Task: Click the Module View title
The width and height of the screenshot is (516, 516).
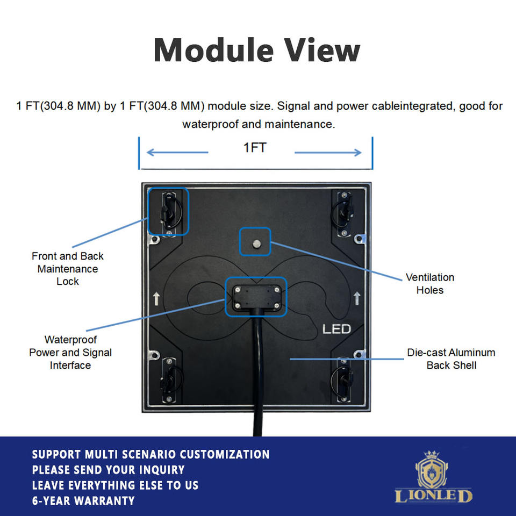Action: pyautogui.click(x=257, y=51)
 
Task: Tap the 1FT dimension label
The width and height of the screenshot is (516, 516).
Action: pyautogui.click(x=255, y=148)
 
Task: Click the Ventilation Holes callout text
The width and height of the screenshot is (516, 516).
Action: pyautogui.click(x=429, y=283)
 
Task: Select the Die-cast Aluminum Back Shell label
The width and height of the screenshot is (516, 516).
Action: pyautogui.click(x=451, y=359)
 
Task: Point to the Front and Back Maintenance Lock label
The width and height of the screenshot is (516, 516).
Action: pyautogui.click(x=67, y=268)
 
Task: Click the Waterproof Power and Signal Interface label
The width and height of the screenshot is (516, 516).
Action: pyautogui.click(x=70, y=353)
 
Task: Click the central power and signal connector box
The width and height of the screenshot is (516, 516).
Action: pyautogui.click(x=256, y=296)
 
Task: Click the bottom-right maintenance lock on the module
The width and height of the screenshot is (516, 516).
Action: pyautogui.click(x=342, y=378)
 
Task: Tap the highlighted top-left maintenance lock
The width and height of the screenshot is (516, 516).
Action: pyautogui.click(x=168, y=211)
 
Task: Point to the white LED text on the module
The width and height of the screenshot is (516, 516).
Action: pyautogui.click(x=336, y=328)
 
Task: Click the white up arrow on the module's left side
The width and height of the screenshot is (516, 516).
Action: pyautogui.click(x=156, y=299)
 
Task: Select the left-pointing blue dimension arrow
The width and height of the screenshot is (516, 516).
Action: pyautogui.click(x=177, y=153)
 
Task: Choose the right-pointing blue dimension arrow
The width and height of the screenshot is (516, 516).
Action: pyautogui.click(x=328, y=153)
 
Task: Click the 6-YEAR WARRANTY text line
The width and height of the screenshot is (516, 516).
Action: pyautogui.click(x=83, y=501)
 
